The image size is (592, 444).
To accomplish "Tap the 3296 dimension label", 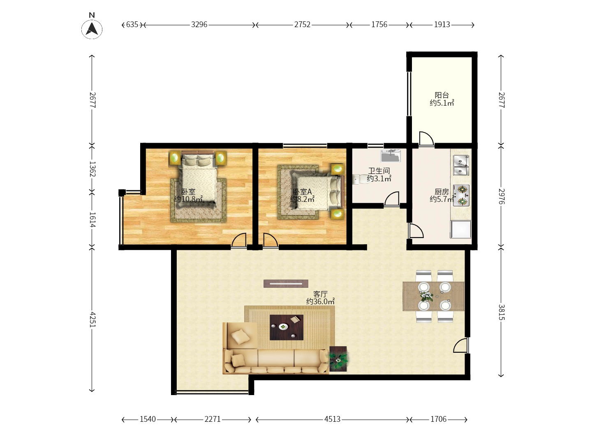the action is point(199,25).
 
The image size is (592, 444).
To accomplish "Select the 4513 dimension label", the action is point(332,419).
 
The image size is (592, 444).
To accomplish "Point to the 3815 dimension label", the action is point(501,312).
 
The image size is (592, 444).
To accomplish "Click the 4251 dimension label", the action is point(92,319).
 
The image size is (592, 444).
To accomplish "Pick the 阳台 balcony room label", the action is point(442,95).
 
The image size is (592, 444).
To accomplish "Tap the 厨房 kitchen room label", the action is point(442,192).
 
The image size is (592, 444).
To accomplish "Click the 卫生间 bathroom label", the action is point(379,171).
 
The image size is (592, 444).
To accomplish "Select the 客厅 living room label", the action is point(320,294).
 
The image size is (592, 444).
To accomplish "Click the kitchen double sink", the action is point(461,165).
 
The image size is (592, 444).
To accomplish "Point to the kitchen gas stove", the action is point(461,195).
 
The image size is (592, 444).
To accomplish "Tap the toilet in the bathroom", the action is point(359,179).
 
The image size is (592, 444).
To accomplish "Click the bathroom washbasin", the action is point(391,156).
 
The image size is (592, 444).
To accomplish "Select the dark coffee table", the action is point(287,327).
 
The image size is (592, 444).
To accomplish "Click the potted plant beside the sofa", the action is point(338,359).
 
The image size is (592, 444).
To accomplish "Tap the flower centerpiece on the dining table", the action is point(426,296).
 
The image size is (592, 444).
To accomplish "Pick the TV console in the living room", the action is point(286,284).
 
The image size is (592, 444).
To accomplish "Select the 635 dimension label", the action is point(132,25).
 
